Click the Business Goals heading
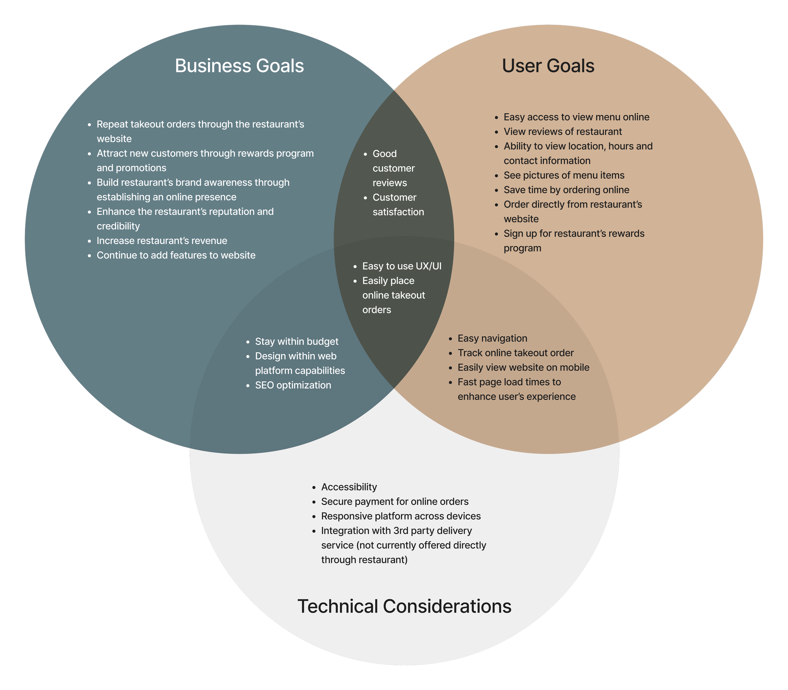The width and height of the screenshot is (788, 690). tap(239, 66)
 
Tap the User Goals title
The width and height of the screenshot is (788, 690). tap(548, 66)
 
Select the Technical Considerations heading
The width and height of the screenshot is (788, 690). tap(404, 606)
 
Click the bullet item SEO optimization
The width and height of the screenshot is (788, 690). tap(293, 385)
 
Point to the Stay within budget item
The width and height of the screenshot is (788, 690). tap(297, 342)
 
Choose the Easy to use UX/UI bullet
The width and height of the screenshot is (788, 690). tap(402, 266)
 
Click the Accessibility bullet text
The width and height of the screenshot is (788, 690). tap(349, 487)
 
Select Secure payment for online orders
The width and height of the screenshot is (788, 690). tap(395, 501)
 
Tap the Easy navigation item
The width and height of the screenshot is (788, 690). tap(492, 338)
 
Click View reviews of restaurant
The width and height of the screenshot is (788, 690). tap(563, 131)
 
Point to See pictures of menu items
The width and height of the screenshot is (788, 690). tap(564, 175)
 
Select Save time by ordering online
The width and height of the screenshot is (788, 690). tap(566, 190)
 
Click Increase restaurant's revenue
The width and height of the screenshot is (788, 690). tap(162, 241)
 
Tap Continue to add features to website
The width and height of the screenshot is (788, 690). tap(176, 255)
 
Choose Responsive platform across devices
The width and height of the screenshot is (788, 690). tap(401, 516)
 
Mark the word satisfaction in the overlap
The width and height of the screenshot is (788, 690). tap(398, 212)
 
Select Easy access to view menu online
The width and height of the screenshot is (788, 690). tap(576, 117)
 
